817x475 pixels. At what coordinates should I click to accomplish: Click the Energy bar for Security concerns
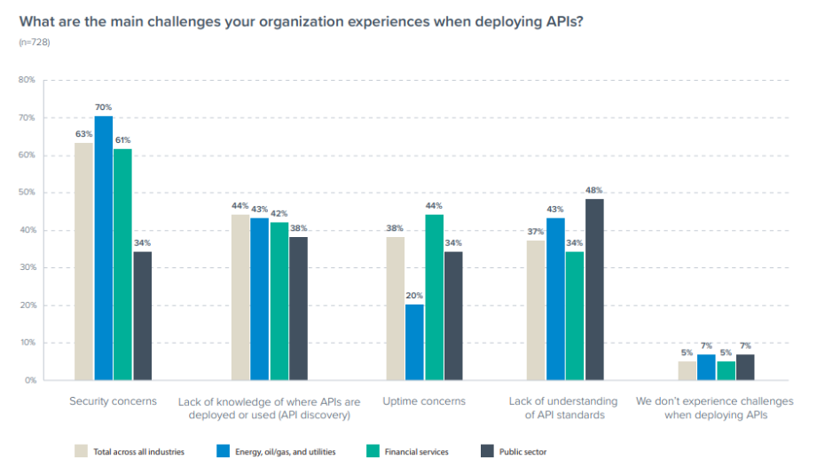click(x=104, y=248)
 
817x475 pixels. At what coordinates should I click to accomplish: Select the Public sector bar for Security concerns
click(x=142, y=315)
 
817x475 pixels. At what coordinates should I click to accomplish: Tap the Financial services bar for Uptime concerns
click(x=434, y=297)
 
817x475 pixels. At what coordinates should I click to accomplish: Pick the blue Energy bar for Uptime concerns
click(x=414, y=342)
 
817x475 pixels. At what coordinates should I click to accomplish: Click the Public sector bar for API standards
click(x=594, y=289)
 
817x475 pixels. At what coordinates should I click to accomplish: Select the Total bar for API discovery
click(x=240, y=297)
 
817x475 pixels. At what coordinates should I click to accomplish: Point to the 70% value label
click(x=104, y=107)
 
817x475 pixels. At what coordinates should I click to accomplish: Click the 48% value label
click(x=594, y=190)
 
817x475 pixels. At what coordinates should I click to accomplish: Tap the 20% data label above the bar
click(x=414, y=297)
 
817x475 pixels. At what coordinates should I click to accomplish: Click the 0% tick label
click(x=28, y=380)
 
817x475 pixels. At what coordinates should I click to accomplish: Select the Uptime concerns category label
click(x=423, y=401)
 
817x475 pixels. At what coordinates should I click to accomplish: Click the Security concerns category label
click(x=113, y=401)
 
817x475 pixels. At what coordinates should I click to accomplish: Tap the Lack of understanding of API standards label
click(x=564, y=408)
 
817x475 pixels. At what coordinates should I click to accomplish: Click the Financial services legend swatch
click(x=373, y=451)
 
